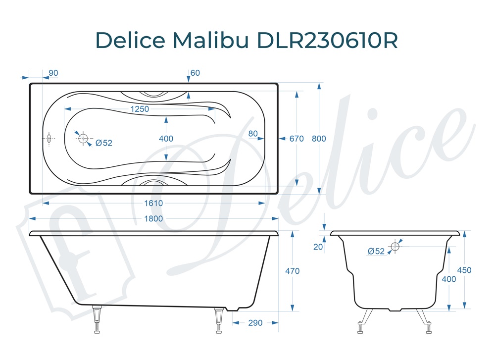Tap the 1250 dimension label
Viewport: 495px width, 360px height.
click(x=140, y=109)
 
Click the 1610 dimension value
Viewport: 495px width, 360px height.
click(x=153, y=203)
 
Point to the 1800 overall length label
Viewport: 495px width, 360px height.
click(x=153, y=218)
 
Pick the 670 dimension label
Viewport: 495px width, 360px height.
click(x=297, y=139)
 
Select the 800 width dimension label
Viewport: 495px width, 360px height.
click(x=319, y=139)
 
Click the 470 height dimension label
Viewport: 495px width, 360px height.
click(x=293, y=271)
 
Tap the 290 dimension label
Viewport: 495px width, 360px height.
click(x=255, y=323)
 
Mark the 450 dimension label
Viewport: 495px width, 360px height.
click(x=464, y=270)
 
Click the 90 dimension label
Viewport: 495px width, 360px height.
click(x=53, y=73)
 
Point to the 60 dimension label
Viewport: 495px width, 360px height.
click(x=195, y=73)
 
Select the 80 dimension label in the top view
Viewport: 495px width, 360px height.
click(x=253, y=133)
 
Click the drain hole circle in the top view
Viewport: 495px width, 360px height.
click(x=83, y=138)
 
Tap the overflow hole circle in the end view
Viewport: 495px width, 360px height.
click(x=395, y=246)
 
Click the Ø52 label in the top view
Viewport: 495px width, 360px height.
click(x=104, y=143)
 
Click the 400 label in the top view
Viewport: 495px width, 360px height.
click(x=166, y=139)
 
